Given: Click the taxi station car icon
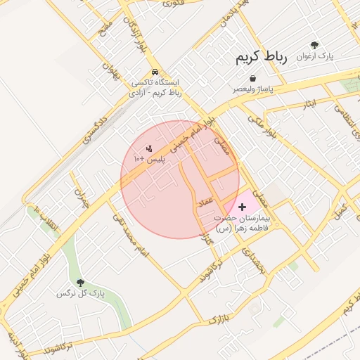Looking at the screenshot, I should tap(155, 72).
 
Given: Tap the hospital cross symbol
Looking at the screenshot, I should tap(243, 207).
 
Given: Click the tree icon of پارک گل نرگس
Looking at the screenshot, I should tap(79, 282).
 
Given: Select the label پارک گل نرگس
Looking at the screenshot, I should tap(80, 293).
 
